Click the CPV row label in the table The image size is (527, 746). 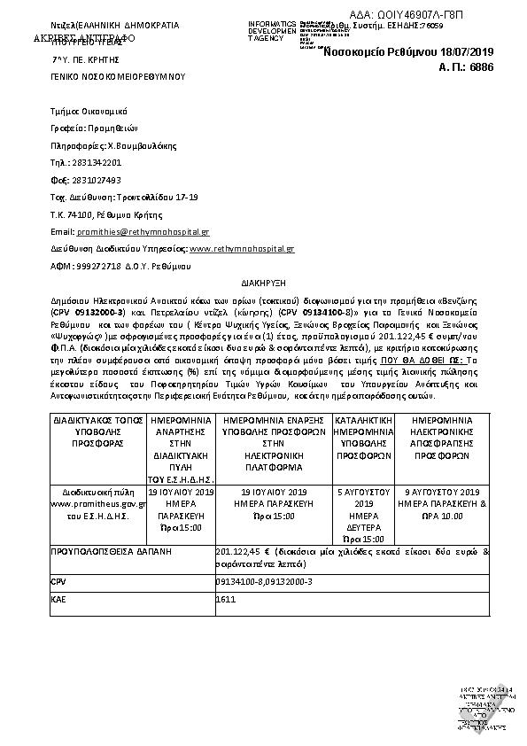(61, 581)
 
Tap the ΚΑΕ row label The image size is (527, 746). (61, 601)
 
